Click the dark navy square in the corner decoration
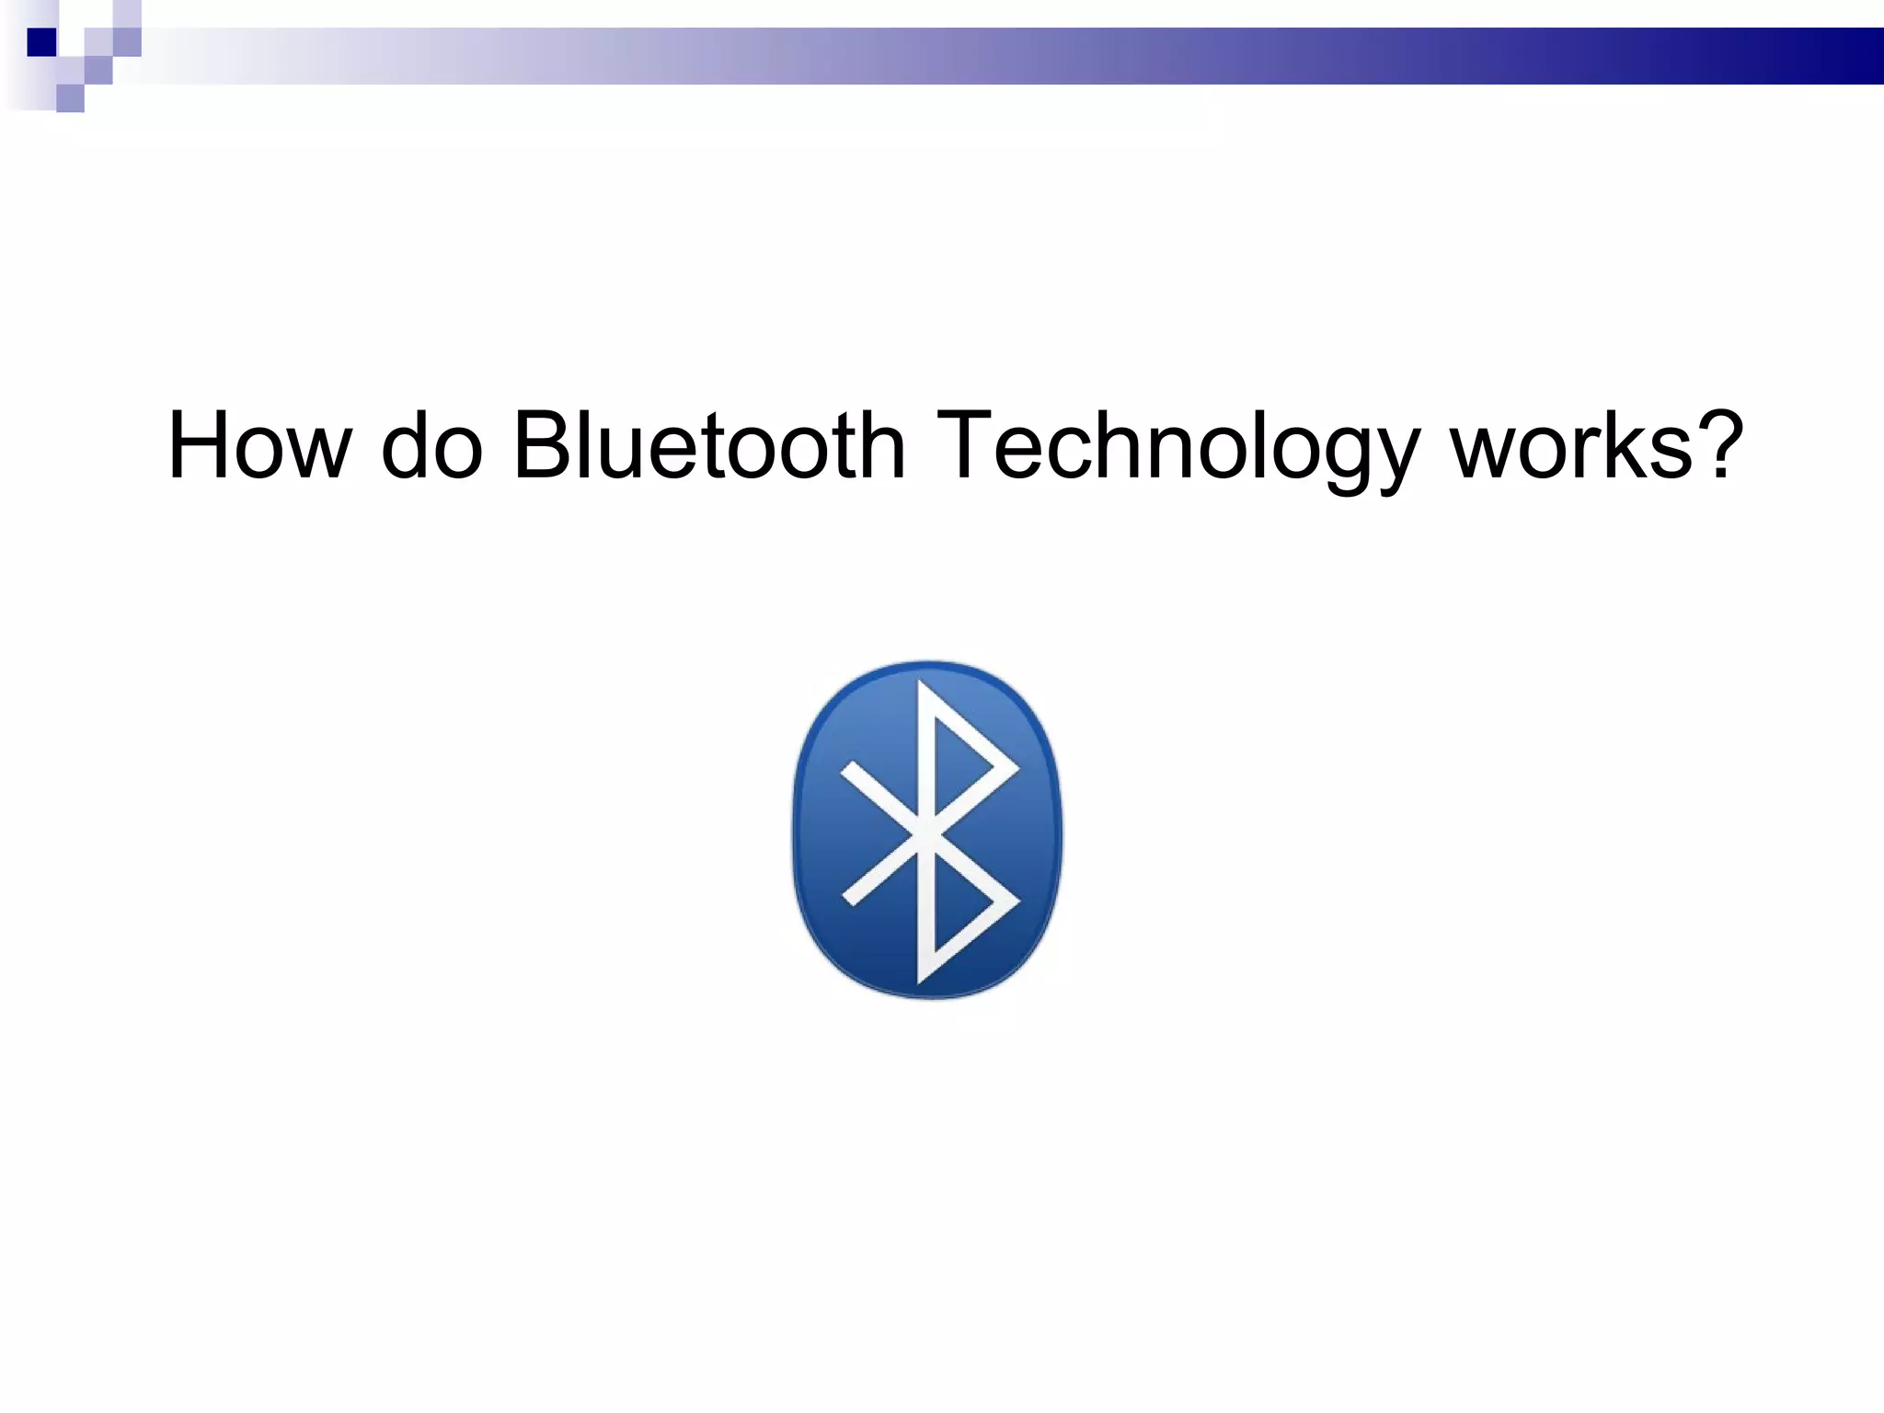(41, 42)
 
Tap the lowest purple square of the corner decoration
(70, 98)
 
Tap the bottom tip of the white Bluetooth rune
(920, 981)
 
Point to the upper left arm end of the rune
(852, 770)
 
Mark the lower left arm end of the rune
(852, 897)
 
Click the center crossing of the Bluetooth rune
(925, 833)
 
